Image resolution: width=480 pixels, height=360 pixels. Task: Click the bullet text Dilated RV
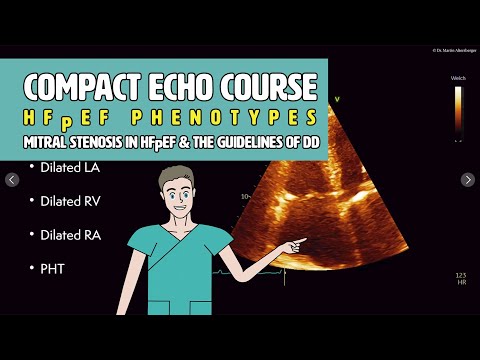click(69, 200)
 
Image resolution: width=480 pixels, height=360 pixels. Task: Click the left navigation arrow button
click(12, 180)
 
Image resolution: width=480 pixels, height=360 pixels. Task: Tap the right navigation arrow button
click(467, 180)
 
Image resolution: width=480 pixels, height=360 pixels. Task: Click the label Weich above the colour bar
click(458, 77)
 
